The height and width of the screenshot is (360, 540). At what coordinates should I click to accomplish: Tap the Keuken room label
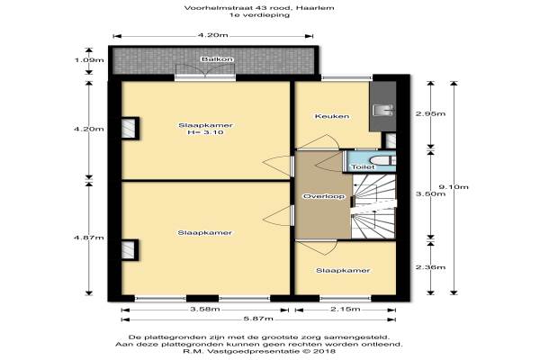click(332, 116)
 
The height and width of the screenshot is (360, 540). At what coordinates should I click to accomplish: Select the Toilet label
click(363, 167)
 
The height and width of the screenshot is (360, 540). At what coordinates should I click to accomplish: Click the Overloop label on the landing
click(324, 196)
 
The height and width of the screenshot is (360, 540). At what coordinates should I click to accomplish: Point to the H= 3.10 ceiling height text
click(205, 132)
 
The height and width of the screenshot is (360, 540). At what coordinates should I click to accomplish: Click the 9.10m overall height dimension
click(454, 187)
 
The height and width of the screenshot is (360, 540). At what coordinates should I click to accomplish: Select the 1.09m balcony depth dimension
click(89, 60)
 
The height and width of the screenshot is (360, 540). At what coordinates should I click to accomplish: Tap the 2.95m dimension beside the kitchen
click(430, 113)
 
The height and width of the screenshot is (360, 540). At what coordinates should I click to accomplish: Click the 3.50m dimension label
click(430, 194)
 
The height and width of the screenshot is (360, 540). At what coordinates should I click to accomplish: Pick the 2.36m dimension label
click(430, 267)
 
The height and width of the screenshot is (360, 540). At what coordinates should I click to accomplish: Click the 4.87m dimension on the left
click(89, 238)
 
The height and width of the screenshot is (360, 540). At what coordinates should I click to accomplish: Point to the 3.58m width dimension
click(205, 310)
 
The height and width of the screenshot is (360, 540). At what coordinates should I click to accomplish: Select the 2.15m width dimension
click(346, 310)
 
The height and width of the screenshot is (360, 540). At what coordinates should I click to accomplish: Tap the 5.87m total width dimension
click(258, 319)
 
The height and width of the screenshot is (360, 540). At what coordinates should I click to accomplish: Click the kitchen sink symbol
click(383, 110)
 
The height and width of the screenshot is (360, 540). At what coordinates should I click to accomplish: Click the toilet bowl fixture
click(383, 160)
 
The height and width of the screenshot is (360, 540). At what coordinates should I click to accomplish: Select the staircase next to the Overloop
click(373, 206)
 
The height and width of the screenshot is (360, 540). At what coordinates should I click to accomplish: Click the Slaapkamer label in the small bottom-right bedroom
click(343, 271)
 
